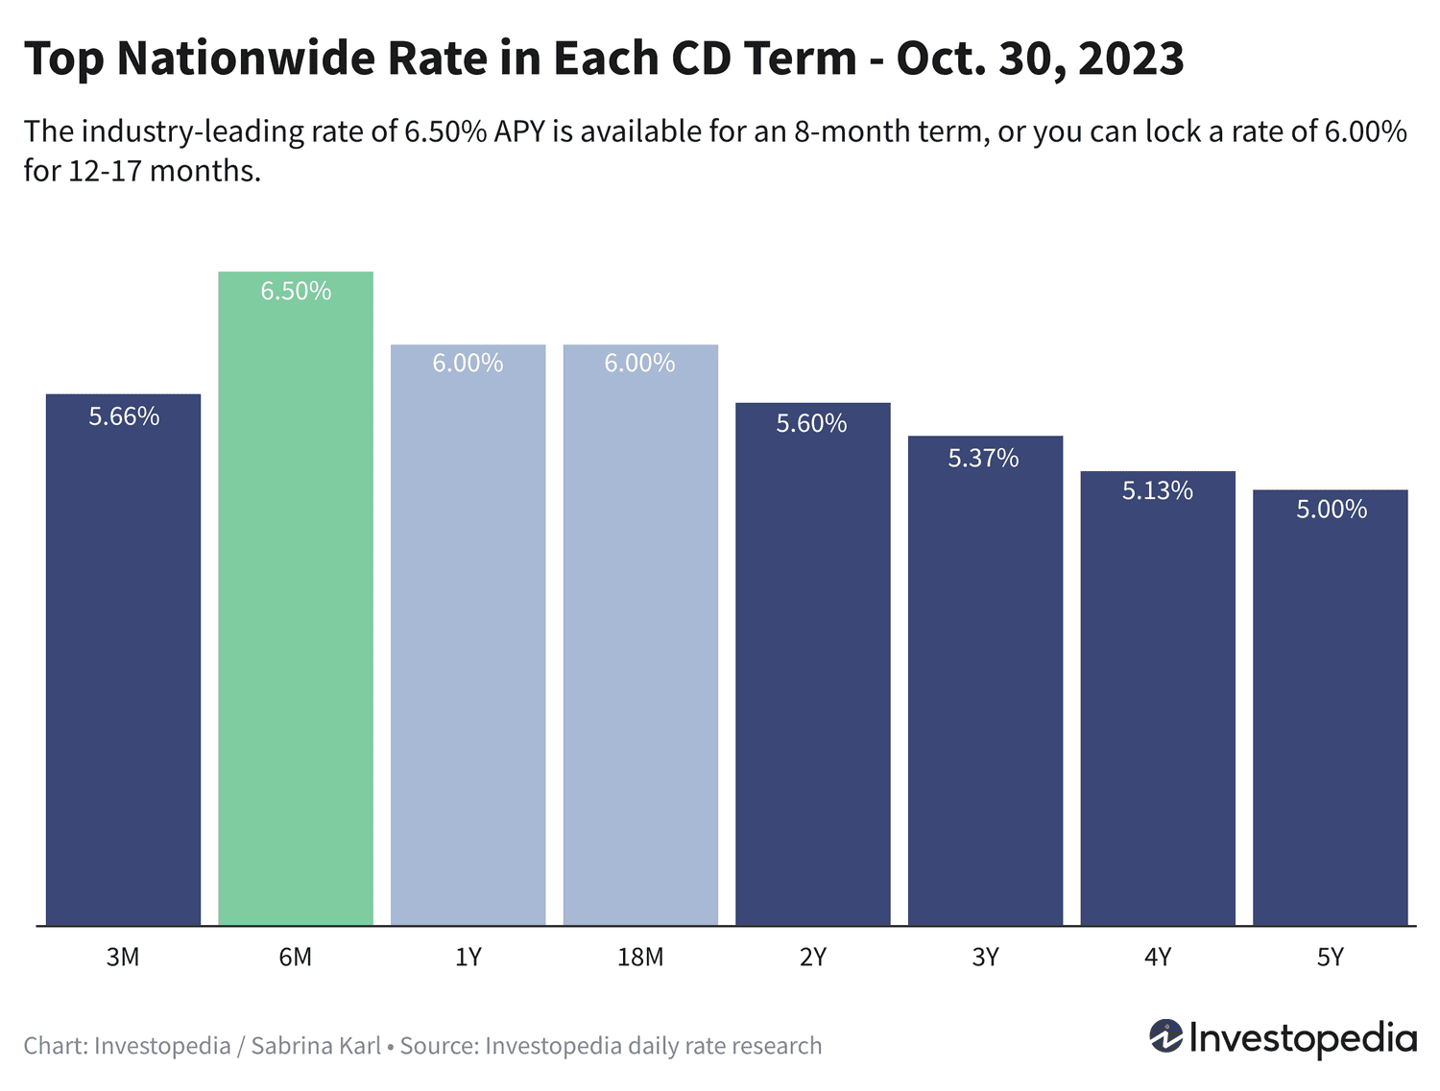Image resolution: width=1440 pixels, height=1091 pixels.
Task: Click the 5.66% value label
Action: [124, 416]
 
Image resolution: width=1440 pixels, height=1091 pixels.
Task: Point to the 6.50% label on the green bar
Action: [296, 291]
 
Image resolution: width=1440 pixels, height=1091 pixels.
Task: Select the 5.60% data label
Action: [811, 423]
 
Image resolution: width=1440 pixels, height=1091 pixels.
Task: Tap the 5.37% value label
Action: [983, 458]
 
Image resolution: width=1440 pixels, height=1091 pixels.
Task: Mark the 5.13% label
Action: [1157, 490]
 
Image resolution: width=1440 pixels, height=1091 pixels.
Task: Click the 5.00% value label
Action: [1331, 509]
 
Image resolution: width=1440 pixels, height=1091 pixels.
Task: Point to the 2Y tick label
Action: [812, 957]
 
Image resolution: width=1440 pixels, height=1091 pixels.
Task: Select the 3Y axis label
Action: [985, 957]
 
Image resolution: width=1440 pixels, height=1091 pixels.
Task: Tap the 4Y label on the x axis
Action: [1157, 957]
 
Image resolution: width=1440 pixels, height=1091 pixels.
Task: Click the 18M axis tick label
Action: [640, 957]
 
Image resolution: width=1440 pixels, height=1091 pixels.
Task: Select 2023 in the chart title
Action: [1131, 59]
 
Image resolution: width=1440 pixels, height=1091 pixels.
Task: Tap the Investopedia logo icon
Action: [1166, 1037]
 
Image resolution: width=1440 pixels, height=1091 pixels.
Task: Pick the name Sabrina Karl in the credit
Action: [316, 1045]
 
